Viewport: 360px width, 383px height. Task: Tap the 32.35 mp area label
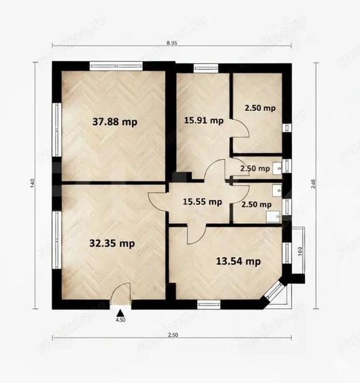click(x=112, y=243)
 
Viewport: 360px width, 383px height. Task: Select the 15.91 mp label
click(x=203, y=121)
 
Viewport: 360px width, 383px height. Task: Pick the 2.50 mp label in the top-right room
click(x=260, y=108)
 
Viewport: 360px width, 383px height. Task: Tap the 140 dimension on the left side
click(x=32, y=182)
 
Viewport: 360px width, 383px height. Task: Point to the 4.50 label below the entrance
click(x=120, y=319)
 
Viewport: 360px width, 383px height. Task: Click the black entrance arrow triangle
click(x=120, y=310)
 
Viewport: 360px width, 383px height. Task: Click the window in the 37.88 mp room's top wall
click(x=115, y=66)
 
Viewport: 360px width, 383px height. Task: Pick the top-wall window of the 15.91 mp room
click(x=203, y=67)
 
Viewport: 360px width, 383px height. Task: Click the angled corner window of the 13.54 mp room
click(x=275, y=291)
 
